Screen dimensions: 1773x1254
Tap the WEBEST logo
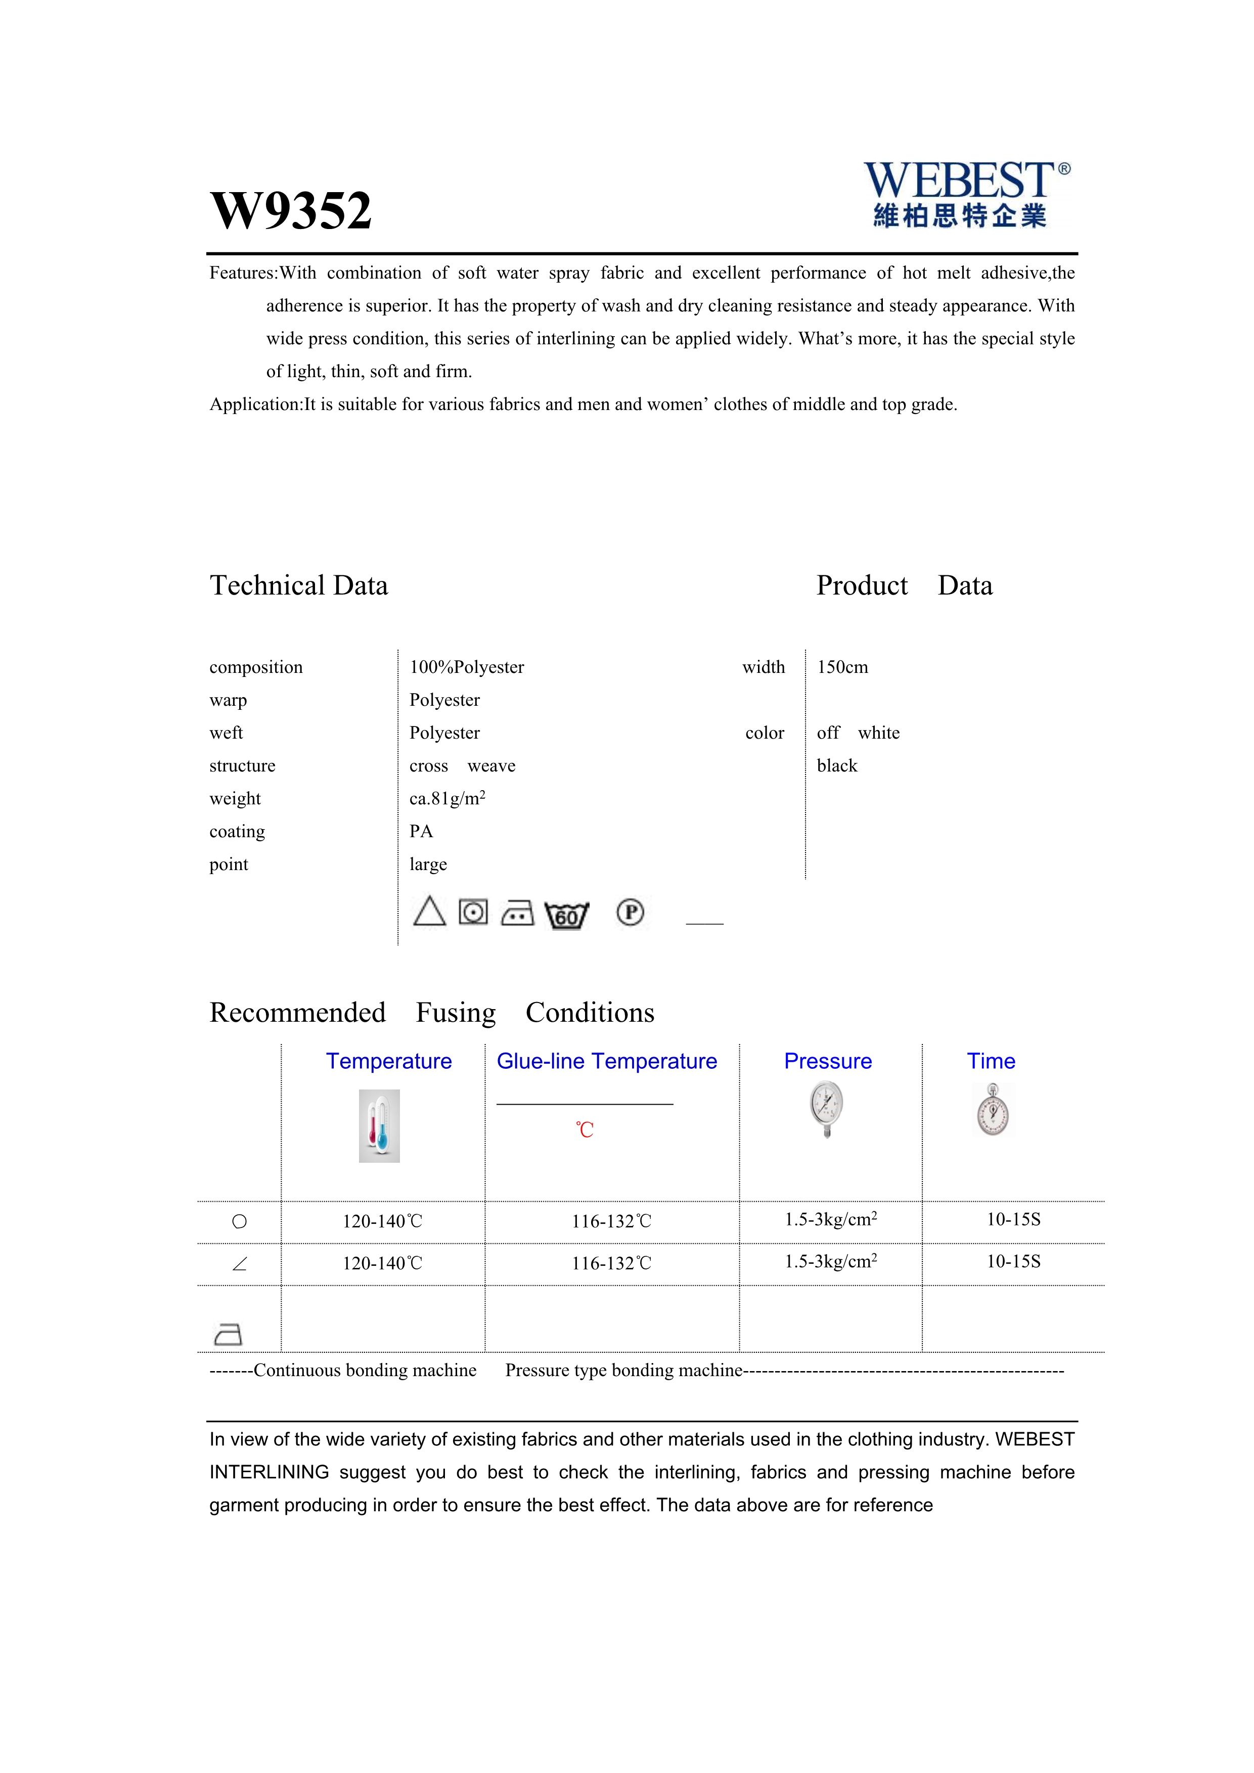coord(965,194)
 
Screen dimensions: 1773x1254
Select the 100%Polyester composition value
coord(466,667)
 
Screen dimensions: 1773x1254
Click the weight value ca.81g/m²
coord(447,798)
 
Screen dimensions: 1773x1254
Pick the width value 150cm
coord(842,667)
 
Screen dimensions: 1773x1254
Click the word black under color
coord(837,766)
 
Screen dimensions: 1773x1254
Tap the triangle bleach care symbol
coord(429,912)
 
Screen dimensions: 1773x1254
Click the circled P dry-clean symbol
coord(630,913)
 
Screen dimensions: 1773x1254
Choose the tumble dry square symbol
coord(473,912)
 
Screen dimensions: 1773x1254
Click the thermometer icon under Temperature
coord(379,1126)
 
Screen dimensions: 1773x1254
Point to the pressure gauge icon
coord(827,1109)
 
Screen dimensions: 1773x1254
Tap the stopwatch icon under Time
coord(993,1110)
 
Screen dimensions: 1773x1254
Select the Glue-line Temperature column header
coord(607,1062)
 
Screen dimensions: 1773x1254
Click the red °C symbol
coord(586,1130)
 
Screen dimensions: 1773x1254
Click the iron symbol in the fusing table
coord(228,1334)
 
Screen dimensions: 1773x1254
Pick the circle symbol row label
coord(239,1221)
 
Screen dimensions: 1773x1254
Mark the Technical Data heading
coord(299,586)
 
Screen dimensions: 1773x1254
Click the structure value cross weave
coord(462,766)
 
